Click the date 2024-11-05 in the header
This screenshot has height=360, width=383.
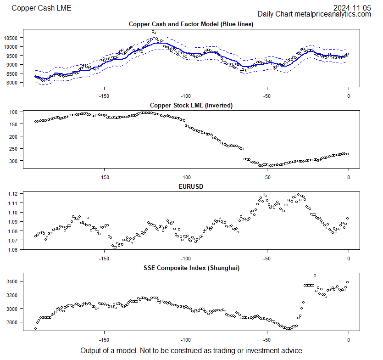pyautogui.click(x=352, y=7)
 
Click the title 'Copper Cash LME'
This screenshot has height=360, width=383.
pyautogui.click(x=41, y=8)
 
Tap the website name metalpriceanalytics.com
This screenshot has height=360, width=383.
pyautogui.click(x=333, y=14)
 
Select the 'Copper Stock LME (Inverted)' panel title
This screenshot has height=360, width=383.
pyautogui.click(x=191, y=105)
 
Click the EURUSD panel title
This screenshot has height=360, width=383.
pyautogui.click(x=191, y=187)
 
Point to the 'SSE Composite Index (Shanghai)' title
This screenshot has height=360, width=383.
pyautogui.click(x=191, y=268)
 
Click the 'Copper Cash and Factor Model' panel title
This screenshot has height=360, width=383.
pyautogui.click(x=191, y=24)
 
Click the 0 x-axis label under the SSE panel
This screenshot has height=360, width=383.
pyautogui.click(x=349, y=340)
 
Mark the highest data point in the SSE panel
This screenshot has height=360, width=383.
pyautogui.click(x=315, y=275)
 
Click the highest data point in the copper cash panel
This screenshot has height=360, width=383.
pyautogui.click(x=153, y=32)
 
